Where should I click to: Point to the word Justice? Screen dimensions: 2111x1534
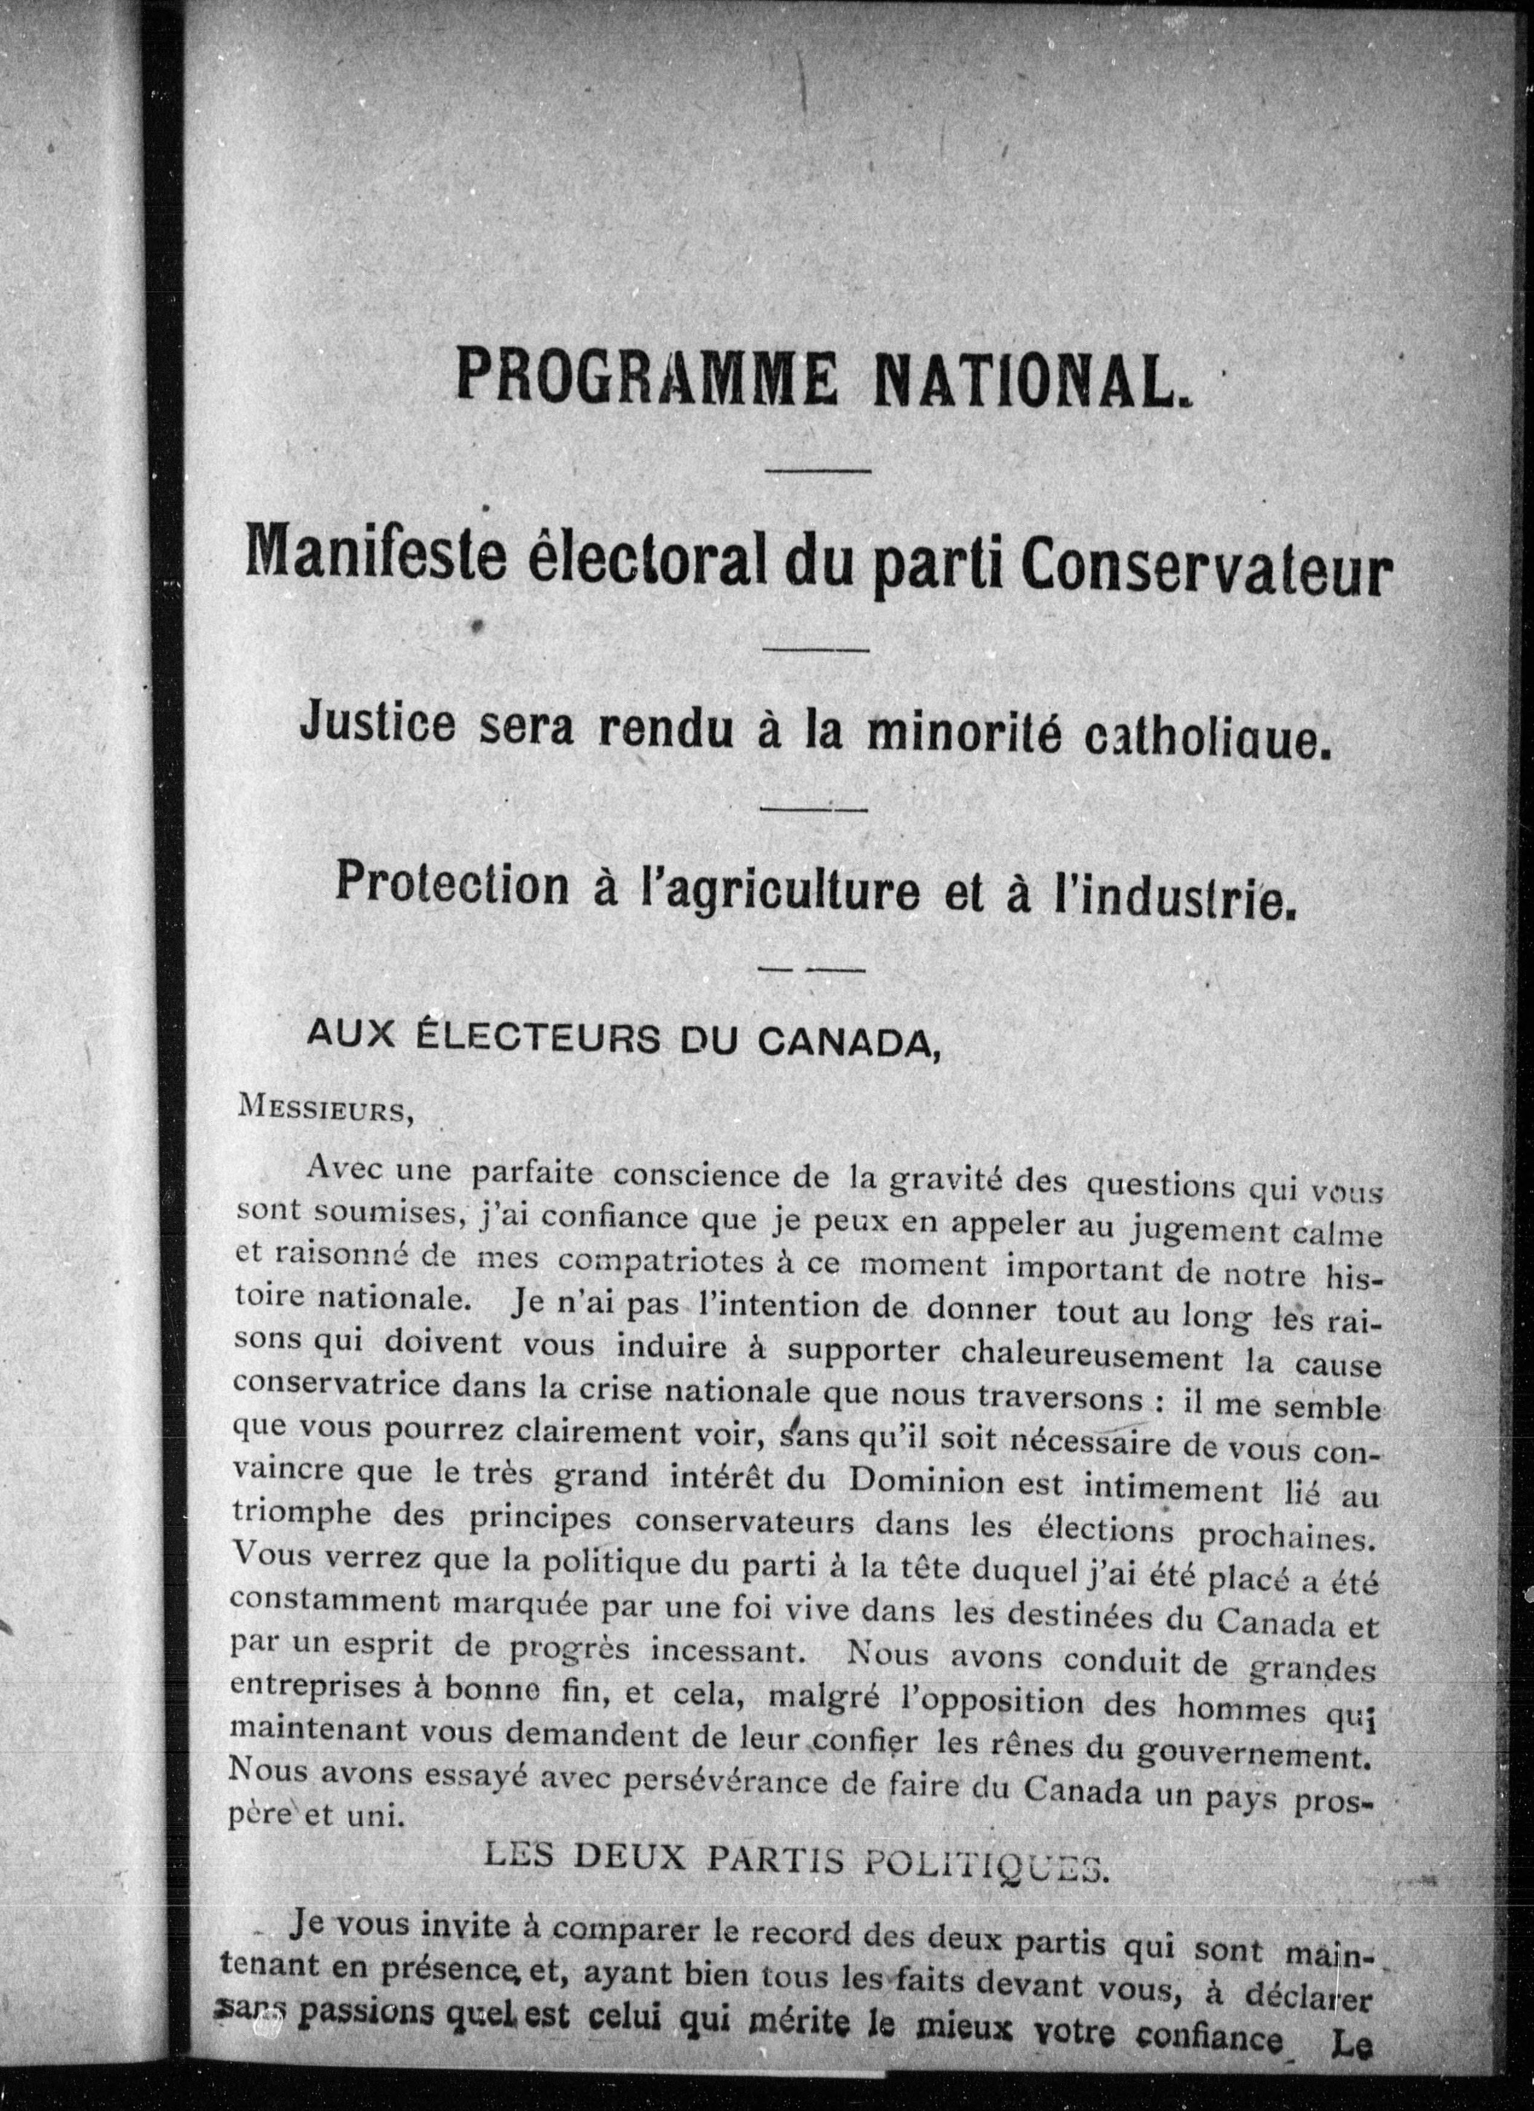(377, 724)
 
